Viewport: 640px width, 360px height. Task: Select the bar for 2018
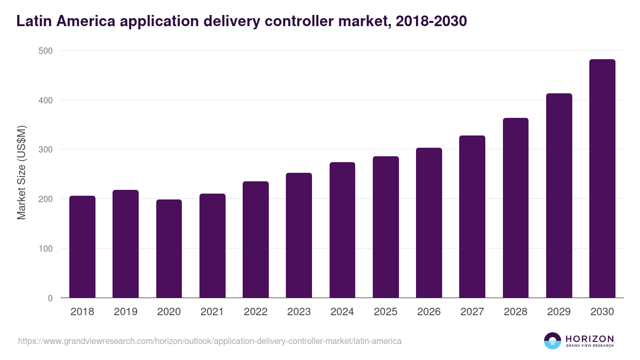pos(82,247)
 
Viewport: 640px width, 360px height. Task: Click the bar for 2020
pos(169,249)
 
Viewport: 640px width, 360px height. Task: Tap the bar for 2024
pos(342,230)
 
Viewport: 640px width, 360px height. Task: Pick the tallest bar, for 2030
pos(602,179)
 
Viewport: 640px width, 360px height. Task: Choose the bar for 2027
pos(472,217)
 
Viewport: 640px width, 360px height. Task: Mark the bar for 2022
pos(255,239)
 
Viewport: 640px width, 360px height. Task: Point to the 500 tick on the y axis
pos(45,51)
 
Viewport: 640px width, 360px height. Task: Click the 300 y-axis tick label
pos(45,149)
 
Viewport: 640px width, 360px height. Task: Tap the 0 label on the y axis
pos(50,298)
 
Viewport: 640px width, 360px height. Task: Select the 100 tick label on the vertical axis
pos(45,249)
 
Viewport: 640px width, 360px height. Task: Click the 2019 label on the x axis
pos(125,312)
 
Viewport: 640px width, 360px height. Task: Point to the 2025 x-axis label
pos(386,312)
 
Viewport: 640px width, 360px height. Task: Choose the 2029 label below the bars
pos(559,312)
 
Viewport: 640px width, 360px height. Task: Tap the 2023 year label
pos(299,312)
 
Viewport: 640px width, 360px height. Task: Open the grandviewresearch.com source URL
pos(210,341)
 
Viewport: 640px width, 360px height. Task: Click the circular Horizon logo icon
pos(553,341)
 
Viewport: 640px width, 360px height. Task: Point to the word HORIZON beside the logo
pos(589,339)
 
